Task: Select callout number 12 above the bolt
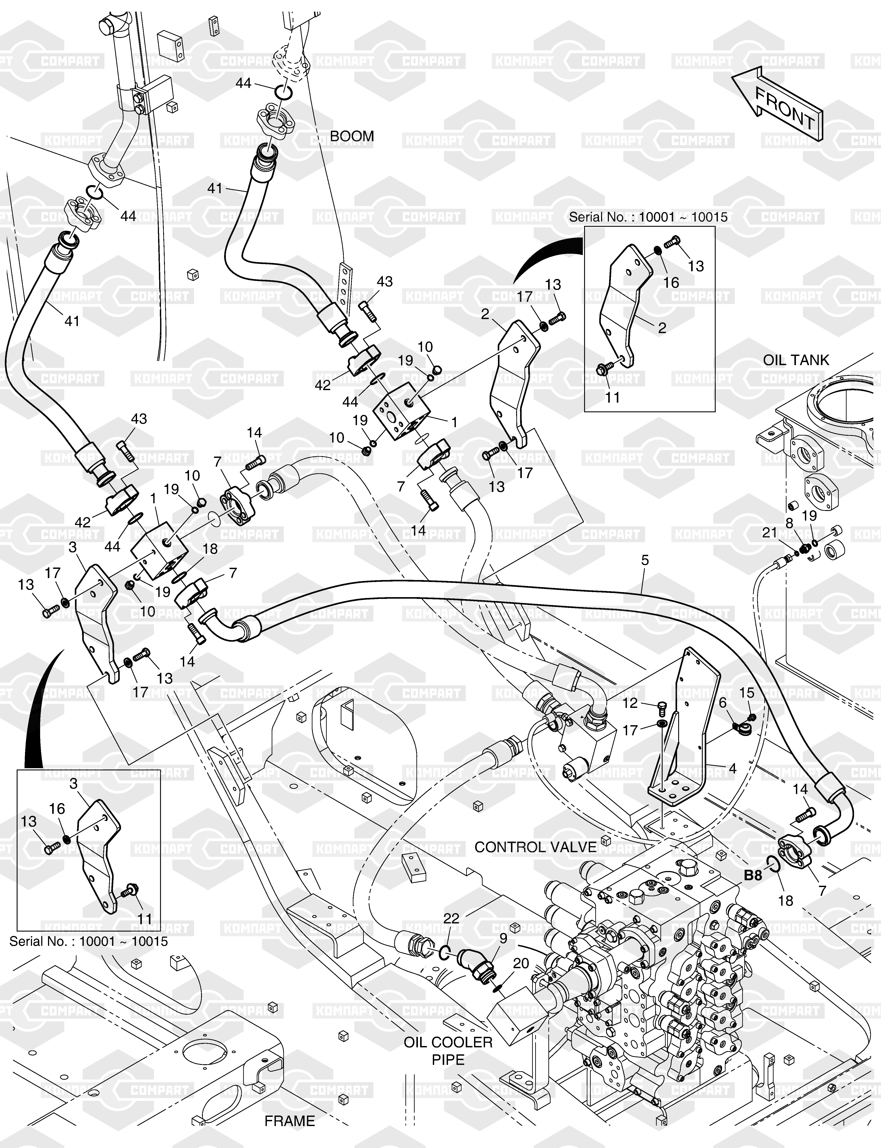pos(630,703)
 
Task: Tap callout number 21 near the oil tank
pos(769,533)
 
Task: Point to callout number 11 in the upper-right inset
pos(612,398)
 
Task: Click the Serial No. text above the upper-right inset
pos(648,217)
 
